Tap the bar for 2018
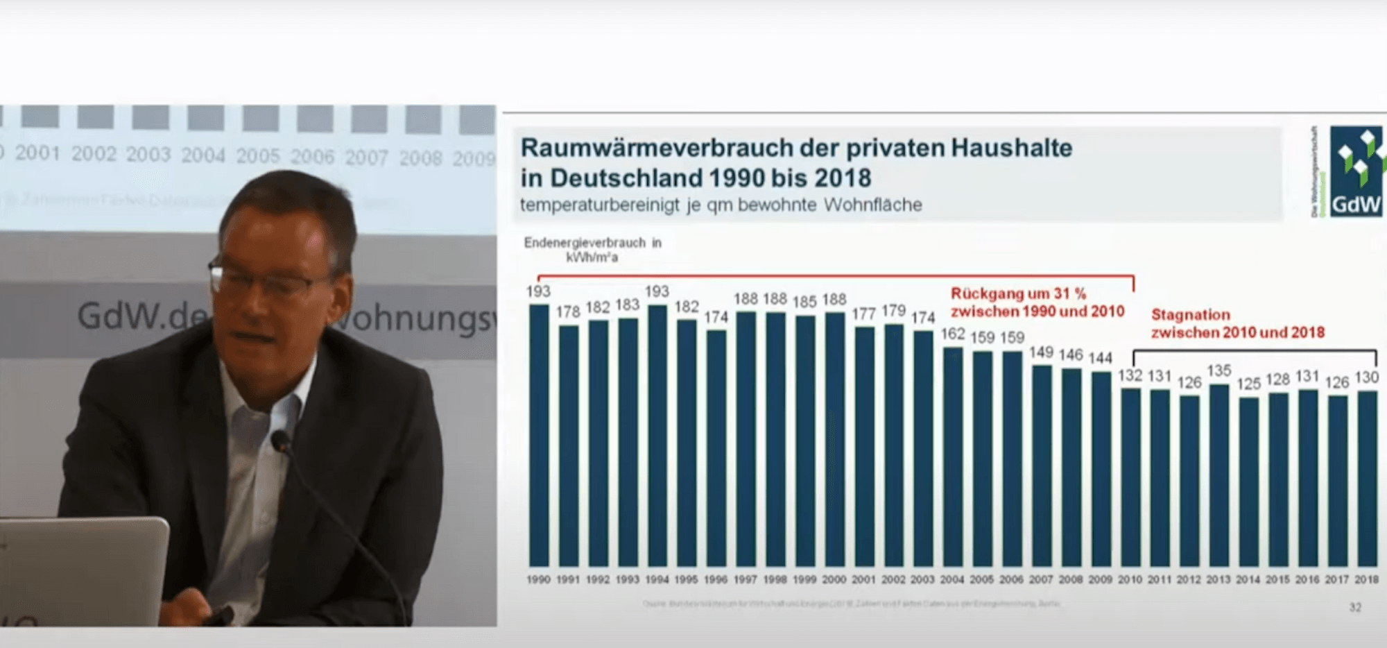tap(1367, 479)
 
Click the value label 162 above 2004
tap(953, 334)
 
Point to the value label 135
tap(1218, 371)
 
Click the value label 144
tap(1100, 358)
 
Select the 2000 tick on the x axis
tap(834, 580)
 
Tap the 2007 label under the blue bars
tap(1041, 580)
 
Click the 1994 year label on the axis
tap(657, 580)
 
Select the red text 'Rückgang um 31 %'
tap(1018, 293)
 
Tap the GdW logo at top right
tap(1356, 172)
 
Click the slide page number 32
tap(1355, 608)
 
